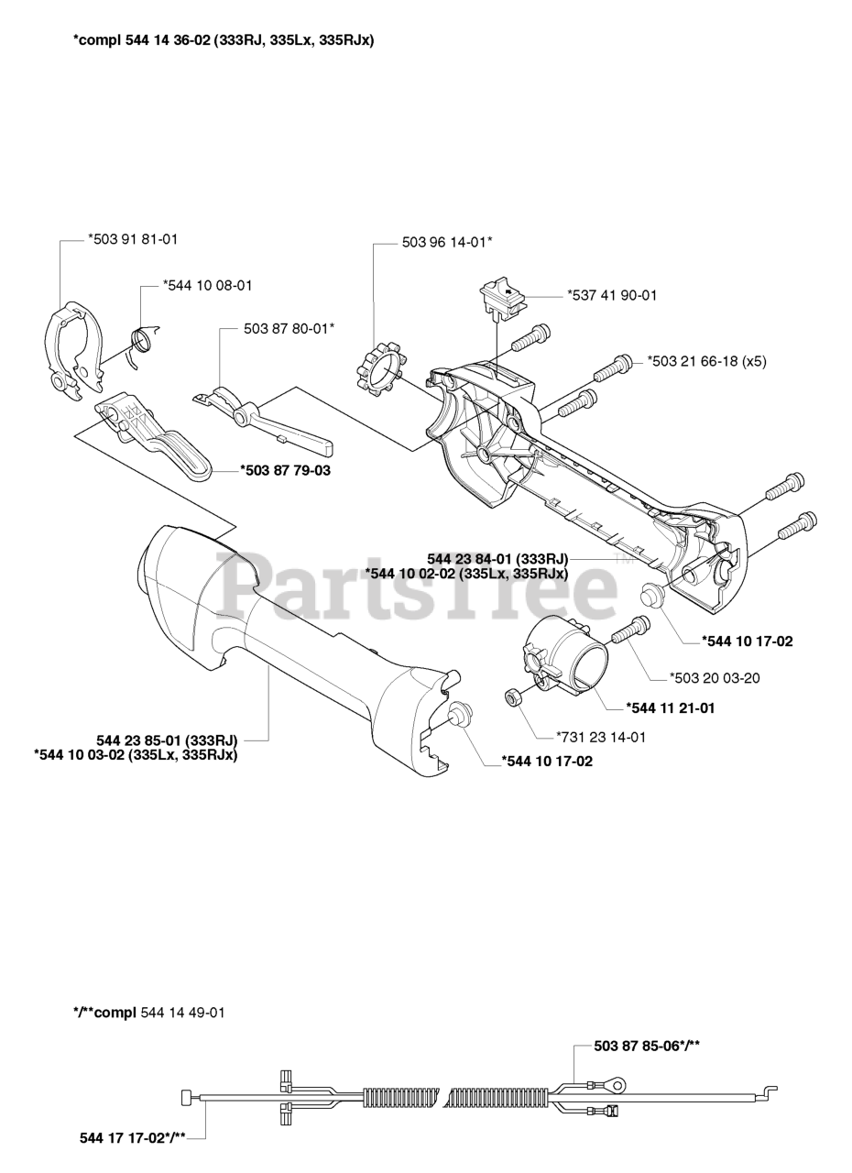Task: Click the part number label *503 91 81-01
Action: pos(133,239)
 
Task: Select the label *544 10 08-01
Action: pos(207,285)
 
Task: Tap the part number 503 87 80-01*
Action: pos(289,329)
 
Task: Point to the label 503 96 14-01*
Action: pos(447,242)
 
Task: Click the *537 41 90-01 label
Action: pos(612,295)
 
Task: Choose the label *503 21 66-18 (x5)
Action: pos(706,361)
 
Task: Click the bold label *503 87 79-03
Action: pos(285,470)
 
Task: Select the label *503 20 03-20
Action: pos(715,677)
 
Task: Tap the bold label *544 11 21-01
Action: pos(670,708)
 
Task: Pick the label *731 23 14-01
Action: pos(601,738)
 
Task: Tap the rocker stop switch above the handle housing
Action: pos(502,299)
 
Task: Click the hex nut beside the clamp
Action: pos(511,698)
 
